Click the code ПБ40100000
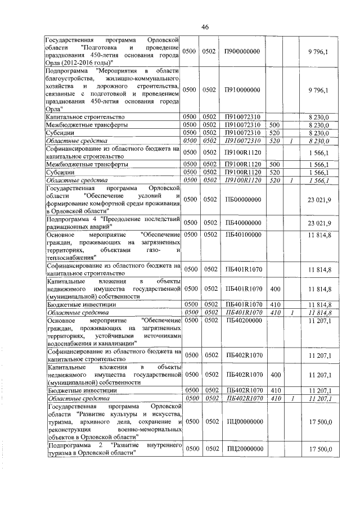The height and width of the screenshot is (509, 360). coord(239,234)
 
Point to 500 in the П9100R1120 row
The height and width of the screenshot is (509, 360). coord(274,164)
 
